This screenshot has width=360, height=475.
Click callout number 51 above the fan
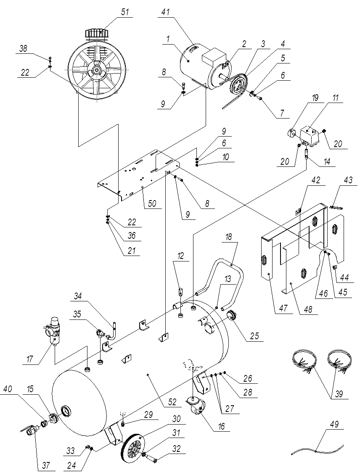[124, 12]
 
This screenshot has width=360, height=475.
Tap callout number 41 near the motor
[165, 13]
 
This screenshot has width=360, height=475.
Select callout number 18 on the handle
[229, 238]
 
